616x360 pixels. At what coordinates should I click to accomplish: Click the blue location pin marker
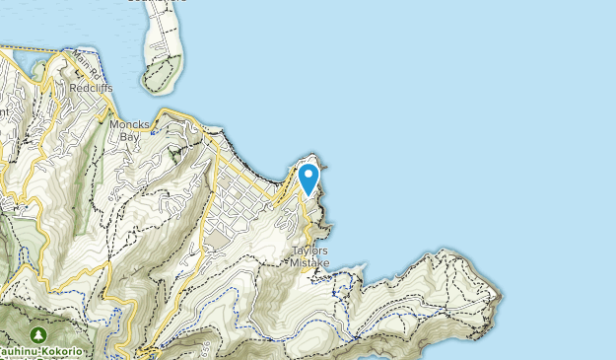pos(308,179)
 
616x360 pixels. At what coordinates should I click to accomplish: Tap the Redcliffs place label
pos(91,88)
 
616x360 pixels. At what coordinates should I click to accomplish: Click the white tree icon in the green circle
pos(40,334)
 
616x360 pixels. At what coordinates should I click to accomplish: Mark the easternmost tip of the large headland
pos(500,295)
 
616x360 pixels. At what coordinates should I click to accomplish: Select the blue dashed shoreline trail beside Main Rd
pos(84,49)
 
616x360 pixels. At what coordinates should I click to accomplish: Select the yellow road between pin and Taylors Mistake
pos(307,222)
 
